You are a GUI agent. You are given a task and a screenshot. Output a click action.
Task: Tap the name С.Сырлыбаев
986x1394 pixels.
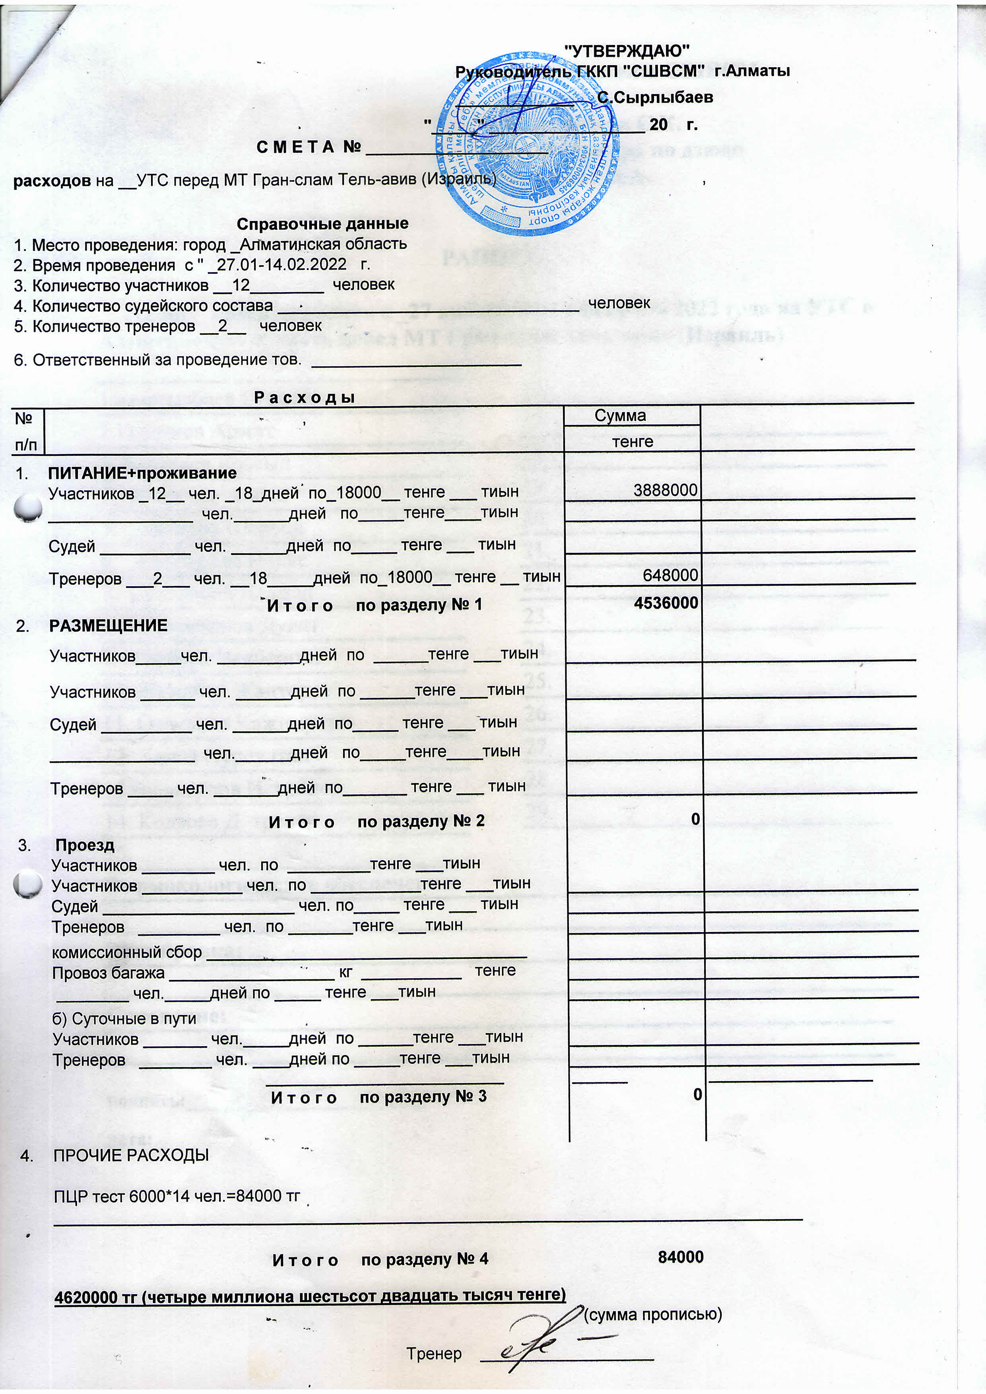[654, 97]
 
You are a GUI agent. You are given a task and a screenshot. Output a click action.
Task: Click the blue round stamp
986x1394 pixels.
[527, 143]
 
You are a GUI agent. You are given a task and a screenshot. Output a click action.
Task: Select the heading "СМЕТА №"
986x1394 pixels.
[309, 147]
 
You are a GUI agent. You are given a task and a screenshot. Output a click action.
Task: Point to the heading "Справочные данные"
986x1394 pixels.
[322, 224]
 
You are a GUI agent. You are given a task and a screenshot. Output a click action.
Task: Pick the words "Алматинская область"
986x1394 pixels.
[323, 244]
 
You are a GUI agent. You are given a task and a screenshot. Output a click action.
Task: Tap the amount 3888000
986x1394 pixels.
[666, 490]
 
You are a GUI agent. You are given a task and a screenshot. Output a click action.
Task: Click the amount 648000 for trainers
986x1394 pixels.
[670, 575]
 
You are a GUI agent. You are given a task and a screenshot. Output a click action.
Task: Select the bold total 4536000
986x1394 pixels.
[666, 603]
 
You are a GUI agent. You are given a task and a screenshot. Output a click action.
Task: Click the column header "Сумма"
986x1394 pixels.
[620, 415]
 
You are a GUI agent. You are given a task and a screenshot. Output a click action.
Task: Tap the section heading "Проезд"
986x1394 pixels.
[84, 845]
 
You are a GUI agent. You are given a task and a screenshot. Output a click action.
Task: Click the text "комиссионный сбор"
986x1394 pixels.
[127, 951]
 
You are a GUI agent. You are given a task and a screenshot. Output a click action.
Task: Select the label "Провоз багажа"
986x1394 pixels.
[108, 973]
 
